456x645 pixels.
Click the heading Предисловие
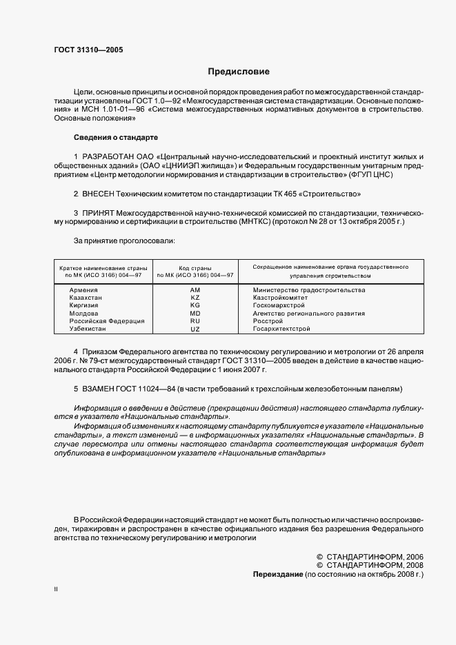point(239,72)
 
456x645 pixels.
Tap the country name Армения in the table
point(83,290)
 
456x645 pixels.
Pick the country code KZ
point(195,298)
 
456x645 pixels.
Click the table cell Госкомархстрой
point(279,305)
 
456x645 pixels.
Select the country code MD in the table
point(195,314)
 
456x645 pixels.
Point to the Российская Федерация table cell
point(107,321)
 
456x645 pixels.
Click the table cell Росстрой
point(268,321)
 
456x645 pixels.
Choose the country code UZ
point(195,329)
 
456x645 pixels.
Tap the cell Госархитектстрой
point(282,329)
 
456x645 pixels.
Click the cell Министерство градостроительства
point(308,290)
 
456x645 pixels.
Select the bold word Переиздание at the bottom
point(277,574)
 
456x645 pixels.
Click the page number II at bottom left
point(57,591)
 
